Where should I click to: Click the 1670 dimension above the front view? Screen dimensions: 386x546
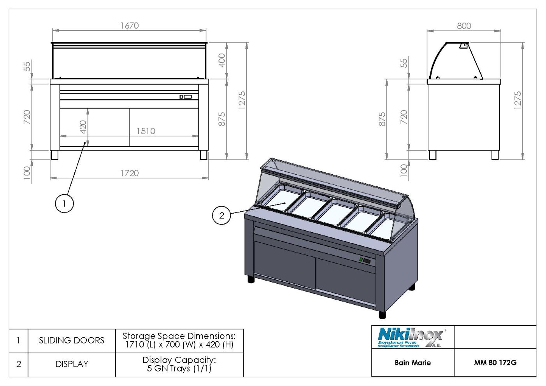(x=129, y=26)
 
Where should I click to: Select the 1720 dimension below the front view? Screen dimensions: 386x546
(x=129, y=173)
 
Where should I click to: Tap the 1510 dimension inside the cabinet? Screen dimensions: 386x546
(x=146, y=131)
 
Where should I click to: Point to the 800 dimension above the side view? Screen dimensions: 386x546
(x=464, y=26)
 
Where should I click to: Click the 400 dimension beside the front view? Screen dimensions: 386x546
(x=221, y=60)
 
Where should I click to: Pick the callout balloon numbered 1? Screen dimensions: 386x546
(x=64, y=203)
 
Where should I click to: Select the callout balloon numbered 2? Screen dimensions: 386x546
(x=221, y=215)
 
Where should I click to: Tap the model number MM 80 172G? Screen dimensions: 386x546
(x=495, y=363)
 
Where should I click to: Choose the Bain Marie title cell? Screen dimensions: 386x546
(x=413, y=363)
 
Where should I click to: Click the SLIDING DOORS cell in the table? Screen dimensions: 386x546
(x=72, y=340)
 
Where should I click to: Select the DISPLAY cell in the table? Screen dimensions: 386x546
(x=72, y=364)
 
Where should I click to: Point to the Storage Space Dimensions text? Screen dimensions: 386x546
(x=179, y=340)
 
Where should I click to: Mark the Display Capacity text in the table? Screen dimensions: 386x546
(x=179, y=364)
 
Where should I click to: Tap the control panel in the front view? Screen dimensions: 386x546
(x=186, y=96)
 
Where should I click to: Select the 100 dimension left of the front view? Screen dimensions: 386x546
(x=27, y=171)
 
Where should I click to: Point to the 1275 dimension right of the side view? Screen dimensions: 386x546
(x=517, y=100)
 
